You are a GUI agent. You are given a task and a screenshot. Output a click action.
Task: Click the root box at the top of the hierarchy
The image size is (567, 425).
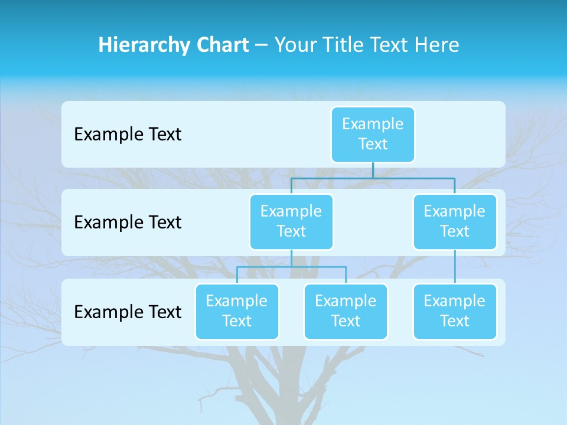click(x=373, y=134)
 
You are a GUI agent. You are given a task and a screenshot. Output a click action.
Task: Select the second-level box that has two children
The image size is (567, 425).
click(x=291, y=221)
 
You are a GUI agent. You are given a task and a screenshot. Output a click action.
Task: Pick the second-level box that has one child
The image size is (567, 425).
click(x=454, y=221)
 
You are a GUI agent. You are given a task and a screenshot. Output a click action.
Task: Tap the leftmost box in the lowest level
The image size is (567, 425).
click(x=237, y=311)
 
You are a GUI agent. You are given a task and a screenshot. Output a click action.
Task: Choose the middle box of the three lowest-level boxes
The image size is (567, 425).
click(x=346, y=311)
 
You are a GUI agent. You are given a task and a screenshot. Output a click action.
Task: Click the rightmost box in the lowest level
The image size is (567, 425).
click(x=454, y=311)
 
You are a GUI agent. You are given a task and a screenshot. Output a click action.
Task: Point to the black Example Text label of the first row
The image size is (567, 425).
click(x=128, y=135)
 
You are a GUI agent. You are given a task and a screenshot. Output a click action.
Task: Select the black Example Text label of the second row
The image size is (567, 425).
click(x=128, y=223)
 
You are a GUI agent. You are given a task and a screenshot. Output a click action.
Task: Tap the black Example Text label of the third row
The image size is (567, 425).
click(x=128, y=312)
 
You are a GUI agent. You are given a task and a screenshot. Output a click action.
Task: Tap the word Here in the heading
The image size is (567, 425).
click(x=437, y=45)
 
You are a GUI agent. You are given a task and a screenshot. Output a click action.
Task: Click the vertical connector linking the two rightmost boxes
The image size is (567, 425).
click(x=455, y=267)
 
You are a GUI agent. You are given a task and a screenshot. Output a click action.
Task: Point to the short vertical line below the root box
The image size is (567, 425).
click(x=373, y=170)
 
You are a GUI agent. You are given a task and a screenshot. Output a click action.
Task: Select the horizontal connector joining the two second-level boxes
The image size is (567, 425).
click(x=373, y=178)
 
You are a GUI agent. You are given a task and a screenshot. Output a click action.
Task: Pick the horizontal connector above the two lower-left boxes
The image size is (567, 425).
click(x=291, y=267)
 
